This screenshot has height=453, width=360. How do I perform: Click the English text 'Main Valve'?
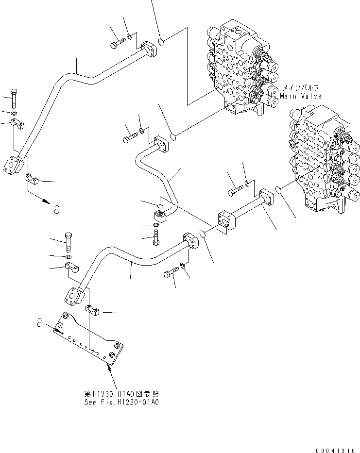pyautogui.click(x=301, y=96)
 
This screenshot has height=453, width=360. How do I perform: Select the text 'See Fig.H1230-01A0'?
pyautogui.click(x=121, y=403)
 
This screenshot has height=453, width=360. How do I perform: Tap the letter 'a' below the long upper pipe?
pyautogui.click(x=57, y=209)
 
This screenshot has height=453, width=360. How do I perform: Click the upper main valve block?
pyautogui.click(x=240, y=68)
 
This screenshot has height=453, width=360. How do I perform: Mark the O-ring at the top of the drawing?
pyautogui.click(x=162, y=41)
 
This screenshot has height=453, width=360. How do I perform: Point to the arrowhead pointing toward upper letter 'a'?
pyautogui.click(x=46, y=200)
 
